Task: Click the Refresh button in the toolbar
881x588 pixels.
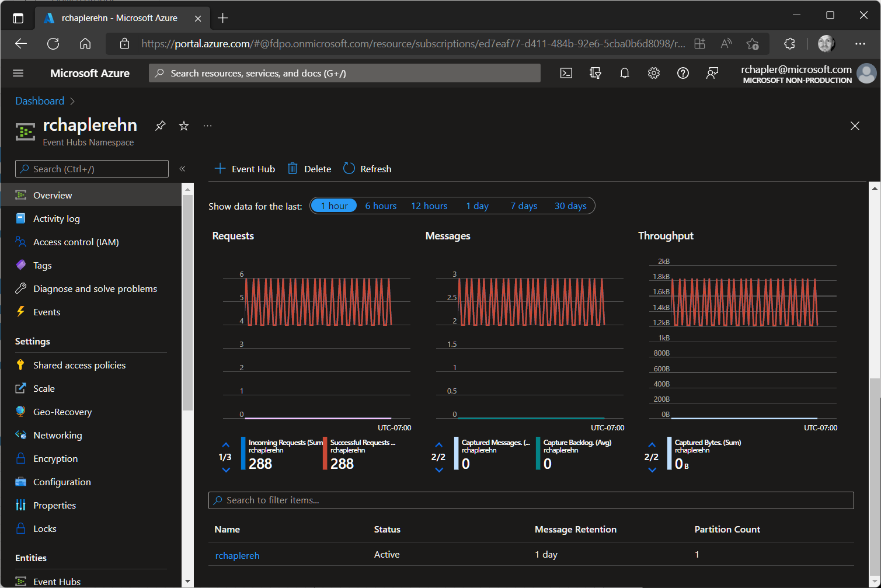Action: [367, 169]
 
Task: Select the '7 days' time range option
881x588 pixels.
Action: [523, 206]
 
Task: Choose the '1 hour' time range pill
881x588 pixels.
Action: [334, 206]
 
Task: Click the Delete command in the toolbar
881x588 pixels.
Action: [309, 169]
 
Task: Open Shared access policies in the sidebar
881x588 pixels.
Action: [79, 365]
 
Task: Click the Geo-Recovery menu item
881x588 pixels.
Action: [62, 412]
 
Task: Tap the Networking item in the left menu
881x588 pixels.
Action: [57, 435]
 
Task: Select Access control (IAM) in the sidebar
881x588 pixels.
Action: [76, 242]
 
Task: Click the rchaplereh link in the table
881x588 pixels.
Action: [237, 555]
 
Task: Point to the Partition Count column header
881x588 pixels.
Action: [727, 530]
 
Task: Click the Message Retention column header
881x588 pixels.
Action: [575, 530]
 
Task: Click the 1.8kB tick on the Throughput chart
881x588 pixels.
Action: [661, 277]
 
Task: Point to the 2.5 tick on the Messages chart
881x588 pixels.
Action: [452, 298]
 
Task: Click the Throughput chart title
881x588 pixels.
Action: [666, 236]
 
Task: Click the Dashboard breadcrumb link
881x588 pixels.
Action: [40, 101]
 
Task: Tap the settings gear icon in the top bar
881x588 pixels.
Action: [653, 73]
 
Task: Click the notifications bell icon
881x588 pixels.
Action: [624, 73]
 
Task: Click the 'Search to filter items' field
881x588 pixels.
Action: [531, 500]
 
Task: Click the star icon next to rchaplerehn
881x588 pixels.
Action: [184, 126]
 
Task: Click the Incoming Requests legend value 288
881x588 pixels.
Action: [260, 464]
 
